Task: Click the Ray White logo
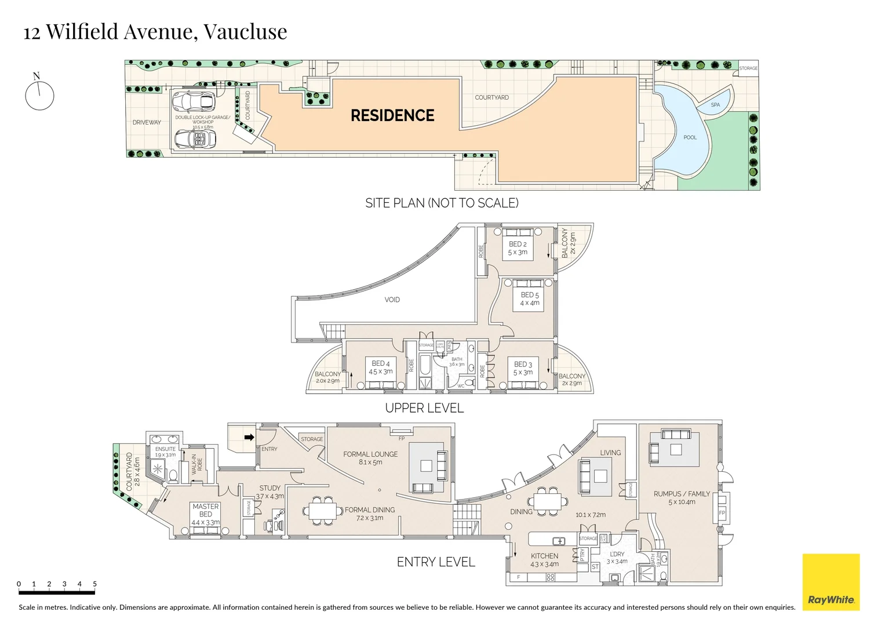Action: pyautogui.click(x=831, y=582)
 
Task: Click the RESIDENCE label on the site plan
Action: pyautogui.click(x=392, y=115)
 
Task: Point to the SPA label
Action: pyautogui.click(x=715, y=105)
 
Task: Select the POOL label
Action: pyautogui.click(x=690, y=137)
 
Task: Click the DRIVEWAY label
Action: pyautogui.click(x=147, y=122)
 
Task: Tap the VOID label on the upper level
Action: pyautogui.click(x=392, y=300)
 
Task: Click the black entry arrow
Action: pyautogui.click(x=249, y=437)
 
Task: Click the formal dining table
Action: pyautogui.click(x=323, y=511)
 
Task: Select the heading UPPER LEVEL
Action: pyautogui.click(x=424, y=408)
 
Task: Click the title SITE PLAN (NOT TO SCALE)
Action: pyautogui.click(x=442, y=203)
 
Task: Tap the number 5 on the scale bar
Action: pyautogui.click(x=94, y=584)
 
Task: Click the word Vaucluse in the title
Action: pyautogui.click(x=245, y=31)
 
